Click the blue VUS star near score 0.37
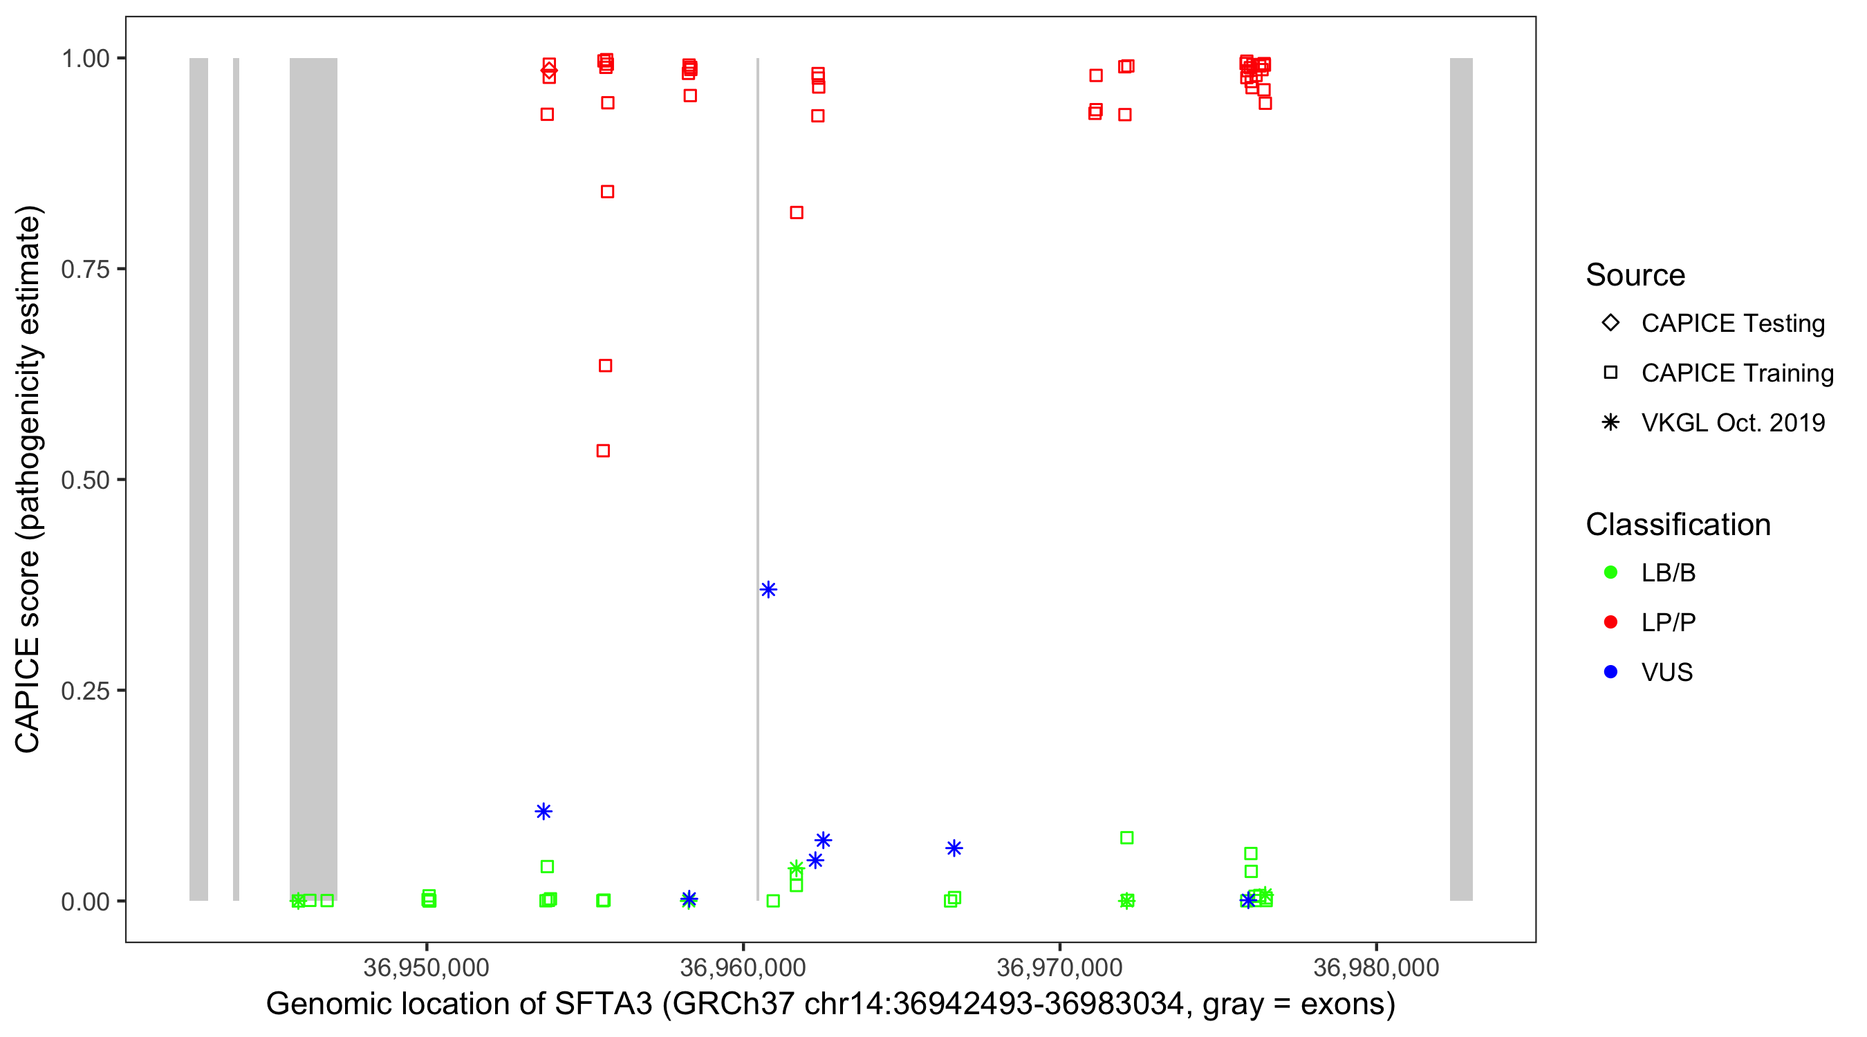[768, 589]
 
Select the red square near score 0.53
[603, 451]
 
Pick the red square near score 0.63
[605, 365]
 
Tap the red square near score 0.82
[797, 212]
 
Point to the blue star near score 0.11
[544, 811]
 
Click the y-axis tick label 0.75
[85, 270]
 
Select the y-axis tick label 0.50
[85, 480]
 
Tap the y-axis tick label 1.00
[85, 59]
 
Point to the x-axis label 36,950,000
[426, 966]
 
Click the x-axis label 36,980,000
[1375, 966]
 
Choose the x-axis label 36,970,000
[1059, 966]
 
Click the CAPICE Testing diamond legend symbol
[1610, 322]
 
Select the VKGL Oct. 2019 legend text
[1733, 422]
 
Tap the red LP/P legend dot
[1610, 622]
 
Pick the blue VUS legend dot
[1610, 672]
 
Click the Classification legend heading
[1678, 525]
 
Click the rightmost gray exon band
[1460, 478]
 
